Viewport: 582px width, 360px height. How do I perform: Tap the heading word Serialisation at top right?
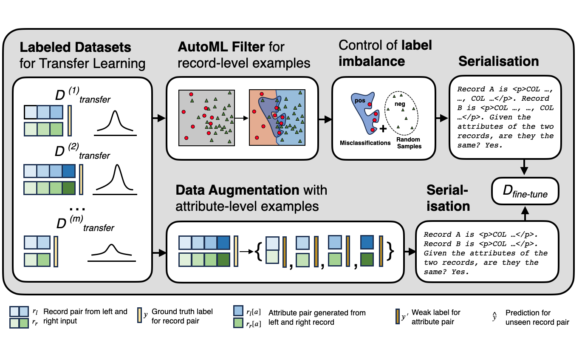(498, 61)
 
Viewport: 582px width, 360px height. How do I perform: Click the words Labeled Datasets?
(75, 47)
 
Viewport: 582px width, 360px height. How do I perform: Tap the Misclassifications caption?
(365, 143)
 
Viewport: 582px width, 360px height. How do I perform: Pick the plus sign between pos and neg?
(383, 128)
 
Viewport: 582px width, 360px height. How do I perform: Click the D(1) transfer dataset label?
(82, 96)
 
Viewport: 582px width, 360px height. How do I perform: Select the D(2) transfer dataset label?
(82, 152)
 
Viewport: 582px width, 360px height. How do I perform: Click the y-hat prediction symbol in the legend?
(494, 317)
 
